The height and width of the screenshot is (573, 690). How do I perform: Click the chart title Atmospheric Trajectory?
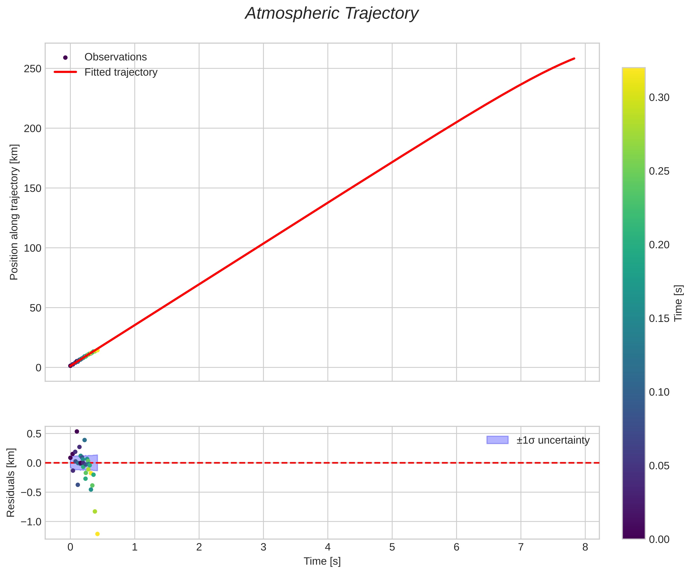click(331, 14)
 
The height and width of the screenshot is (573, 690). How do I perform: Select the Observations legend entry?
click(115, 57)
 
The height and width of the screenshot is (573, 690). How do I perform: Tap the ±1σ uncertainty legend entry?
click(553, 440)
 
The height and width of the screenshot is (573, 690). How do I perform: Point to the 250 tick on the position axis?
click(33, 69)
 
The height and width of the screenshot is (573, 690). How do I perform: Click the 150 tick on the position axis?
click(33, 188)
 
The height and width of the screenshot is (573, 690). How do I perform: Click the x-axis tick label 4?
click(328, 547)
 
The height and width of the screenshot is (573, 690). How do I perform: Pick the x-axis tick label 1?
click(134, 547)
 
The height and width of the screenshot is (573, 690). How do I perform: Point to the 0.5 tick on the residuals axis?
click(34, 434)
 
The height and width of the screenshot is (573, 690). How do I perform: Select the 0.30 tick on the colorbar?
click(659, 98)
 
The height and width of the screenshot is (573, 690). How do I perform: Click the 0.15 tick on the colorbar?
click(659, 318)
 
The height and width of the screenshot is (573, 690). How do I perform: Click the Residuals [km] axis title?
click(11, 482)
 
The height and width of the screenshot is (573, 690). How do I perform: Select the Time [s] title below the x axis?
click(322, 562)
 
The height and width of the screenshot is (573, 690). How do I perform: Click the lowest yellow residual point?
click(97, 534)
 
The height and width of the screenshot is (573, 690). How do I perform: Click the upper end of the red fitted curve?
click(574, 58)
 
